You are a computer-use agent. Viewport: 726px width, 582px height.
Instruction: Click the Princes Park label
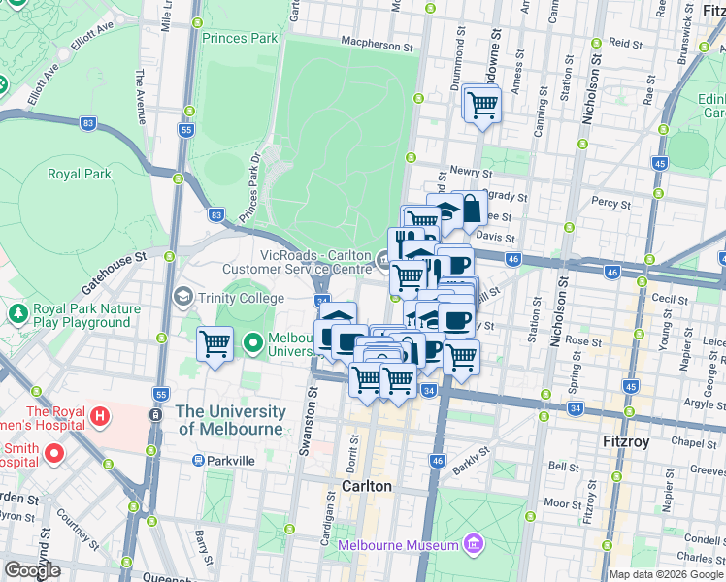pos(240,38)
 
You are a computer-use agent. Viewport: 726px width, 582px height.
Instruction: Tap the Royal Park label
pos(79,175)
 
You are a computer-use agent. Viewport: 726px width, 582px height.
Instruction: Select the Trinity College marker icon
pos(181,295)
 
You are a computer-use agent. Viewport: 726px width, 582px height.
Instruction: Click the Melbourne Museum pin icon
pos(473,543)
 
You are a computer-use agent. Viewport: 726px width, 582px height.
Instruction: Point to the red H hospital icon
pos(97,416)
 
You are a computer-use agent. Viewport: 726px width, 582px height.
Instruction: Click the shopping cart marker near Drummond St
pos(482,104)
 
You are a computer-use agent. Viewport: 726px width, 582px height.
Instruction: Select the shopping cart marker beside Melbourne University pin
pos(214,343)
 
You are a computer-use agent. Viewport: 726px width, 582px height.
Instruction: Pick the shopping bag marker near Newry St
pos(470,208)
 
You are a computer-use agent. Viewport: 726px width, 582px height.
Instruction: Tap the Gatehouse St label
pos(112,274)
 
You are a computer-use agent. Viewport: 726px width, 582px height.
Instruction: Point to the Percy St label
pos(611,204)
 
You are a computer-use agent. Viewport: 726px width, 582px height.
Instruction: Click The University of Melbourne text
pos(230,420)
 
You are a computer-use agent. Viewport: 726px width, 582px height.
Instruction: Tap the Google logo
pos(32,570)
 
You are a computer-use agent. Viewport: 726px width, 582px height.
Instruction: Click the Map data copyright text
pos(666,574)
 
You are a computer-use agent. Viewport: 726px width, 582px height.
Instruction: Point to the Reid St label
pos(625,44)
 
